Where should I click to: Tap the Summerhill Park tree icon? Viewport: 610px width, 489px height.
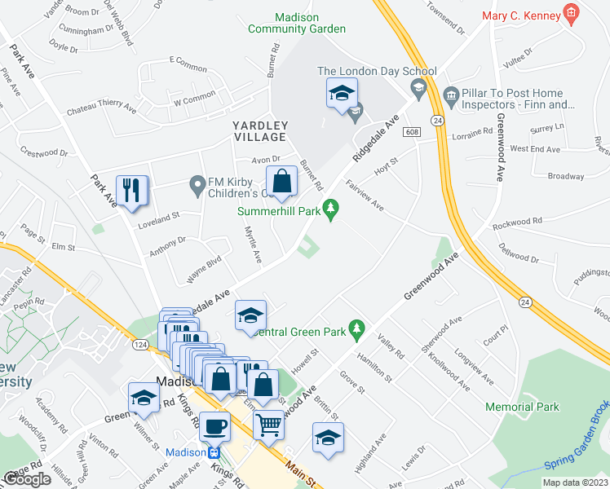click(330, 210)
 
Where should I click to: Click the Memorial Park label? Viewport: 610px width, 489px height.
click(522, 407)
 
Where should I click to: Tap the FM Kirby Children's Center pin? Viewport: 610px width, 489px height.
click(197, 187)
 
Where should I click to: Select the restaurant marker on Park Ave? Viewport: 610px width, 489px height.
click(132, 191)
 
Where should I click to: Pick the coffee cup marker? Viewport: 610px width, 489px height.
click(214, 425)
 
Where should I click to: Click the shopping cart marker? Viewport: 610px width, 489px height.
click(267, 425)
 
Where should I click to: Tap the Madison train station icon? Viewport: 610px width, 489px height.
click(214, 453)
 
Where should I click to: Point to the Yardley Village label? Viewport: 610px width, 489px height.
click(260, 131)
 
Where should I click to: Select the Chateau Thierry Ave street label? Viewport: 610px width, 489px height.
click(100, 105)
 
